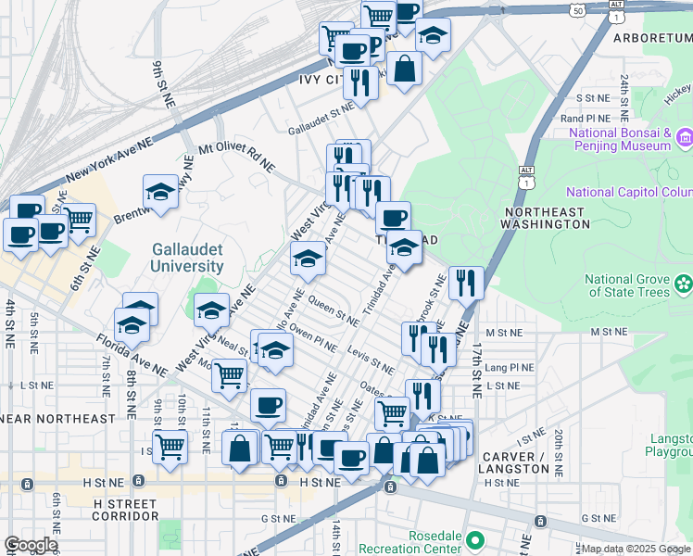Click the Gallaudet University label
point(188,257)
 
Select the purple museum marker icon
point(685,138)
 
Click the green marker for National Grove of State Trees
point(684,282)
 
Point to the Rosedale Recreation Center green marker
point(475,538)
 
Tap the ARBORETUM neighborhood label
point(652,38)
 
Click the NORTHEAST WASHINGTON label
point(544,219)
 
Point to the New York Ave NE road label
point(108,159)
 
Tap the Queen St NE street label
point(334,311)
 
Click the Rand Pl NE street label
point(585,119)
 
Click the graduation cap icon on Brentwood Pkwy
point(160,193)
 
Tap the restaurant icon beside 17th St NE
point(466,282)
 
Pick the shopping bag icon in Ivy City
point(405,69)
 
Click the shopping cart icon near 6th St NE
point(79,220)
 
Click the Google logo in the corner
point(31,545)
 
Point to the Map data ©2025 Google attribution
point(636,549)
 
